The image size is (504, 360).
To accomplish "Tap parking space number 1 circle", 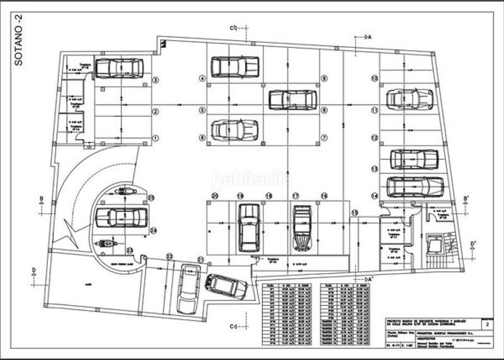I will point(155,137).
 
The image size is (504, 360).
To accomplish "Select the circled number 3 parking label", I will point(155,80).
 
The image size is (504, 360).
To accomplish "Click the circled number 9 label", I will point(324,79).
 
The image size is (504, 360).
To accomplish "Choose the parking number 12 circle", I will point(374,137).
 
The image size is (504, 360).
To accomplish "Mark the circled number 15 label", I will point(355,212).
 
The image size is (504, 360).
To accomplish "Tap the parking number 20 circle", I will point(215,196).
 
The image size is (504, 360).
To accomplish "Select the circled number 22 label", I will point(169,256).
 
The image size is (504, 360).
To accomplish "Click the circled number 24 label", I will point(153,229).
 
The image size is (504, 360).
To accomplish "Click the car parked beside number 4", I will point(234,66).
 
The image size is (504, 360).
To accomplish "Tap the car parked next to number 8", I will point(292,100).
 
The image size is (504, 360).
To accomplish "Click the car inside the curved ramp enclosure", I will point(121,218).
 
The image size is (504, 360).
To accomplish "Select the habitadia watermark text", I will point(251,180).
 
